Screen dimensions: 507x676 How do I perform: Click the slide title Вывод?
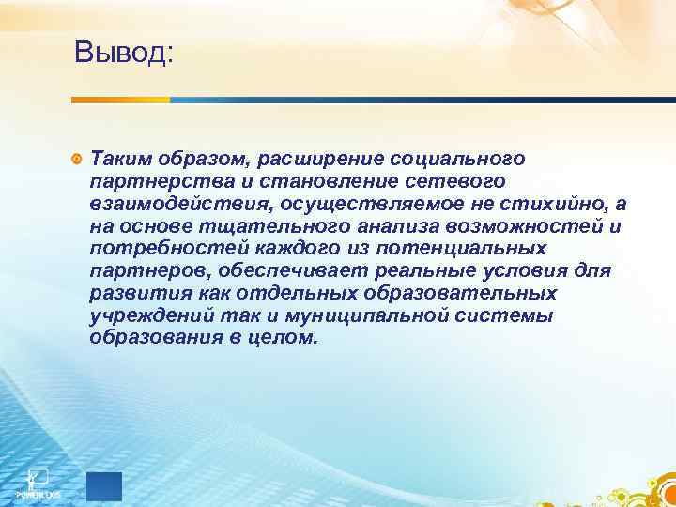coord(124,51)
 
